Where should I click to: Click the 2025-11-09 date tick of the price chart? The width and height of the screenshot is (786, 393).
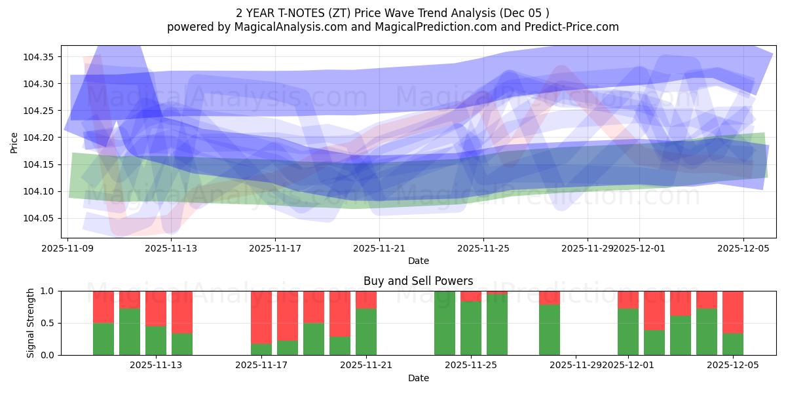click(67, 248)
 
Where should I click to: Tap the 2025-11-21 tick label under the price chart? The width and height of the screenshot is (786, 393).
click(379, 248)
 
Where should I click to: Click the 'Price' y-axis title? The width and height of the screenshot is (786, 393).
click(14, 142)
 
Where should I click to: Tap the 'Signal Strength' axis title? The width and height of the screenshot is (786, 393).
click(31, 323)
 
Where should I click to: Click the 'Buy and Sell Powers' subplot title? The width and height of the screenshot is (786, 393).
click(419, 281)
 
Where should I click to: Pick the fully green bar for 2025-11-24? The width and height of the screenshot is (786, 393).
click(445, 323)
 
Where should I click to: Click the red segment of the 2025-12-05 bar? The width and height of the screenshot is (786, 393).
click(733, 312)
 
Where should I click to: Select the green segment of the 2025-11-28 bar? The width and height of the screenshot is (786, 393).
click(550, 330)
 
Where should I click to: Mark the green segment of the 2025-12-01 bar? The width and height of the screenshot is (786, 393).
click(628, 332)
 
